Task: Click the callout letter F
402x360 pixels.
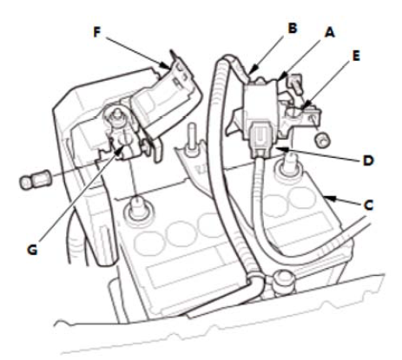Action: click(x=97, y=32)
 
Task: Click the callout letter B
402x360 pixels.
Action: click(x=293, y=28)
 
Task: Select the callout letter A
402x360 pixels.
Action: click(x=330, y=33)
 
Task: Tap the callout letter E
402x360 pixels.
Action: click(x=356, y=56)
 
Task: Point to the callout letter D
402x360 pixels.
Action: click(x=368, y=160)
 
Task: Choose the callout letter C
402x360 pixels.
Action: click(x=368, y=205)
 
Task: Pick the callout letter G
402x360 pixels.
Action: click(x=32, y=250)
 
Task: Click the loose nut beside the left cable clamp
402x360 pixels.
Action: click(x=35, y=180)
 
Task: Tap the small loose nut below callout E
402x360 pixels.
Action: click(x=322, y=140)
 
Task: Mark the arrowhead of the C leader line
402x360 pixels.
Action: click(x=327, y=199)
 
